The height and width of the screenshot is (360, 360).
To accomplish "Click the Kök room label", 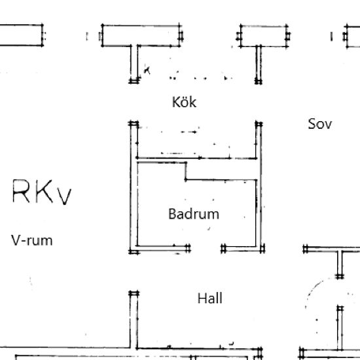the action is coord(184,102).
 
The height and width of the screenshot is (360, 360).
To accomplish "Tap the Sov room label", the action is coord(320,124).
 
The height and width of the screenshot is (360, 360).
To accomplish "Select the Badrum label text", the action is coord(194,214).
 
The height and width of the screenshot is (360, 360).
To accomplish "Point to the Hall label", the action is coord(210,298).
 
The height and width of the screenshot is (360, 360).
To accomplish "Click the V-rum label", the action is coord(32,241).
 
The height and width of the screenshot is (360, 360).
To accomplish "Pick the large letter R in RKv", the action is coord(21,191).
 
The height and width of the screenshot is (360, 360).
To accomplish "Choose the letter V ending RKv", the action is coord(64,196).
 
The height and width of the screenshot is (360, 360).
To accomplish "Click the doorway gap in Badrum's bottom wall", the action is coord(206,249).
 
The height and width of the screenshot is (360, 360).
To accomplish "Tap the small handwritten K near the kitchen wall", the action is coord(147,70).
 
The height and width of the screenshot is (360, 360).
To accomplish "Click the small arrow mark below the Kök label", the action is coord(189,132).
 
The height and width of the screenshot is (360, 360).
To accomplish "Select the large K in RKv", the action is coord(44,191).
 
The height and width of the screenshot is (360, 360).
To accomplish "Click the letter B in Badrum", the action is coord(172,214).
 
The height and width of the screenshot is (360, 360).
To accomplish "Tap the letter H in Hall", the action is coord(202,298).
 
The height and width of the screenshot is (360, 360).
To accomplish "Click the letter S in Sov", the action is coord(312,124).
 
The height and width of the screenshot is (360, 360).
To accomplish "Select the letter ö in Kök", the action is coord(185,103).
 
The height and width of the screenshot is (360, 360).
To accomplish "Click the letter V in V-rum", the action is coord(16,240).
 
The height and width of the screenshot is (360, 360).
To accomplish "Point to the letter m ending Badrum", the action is coord(214,216).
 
